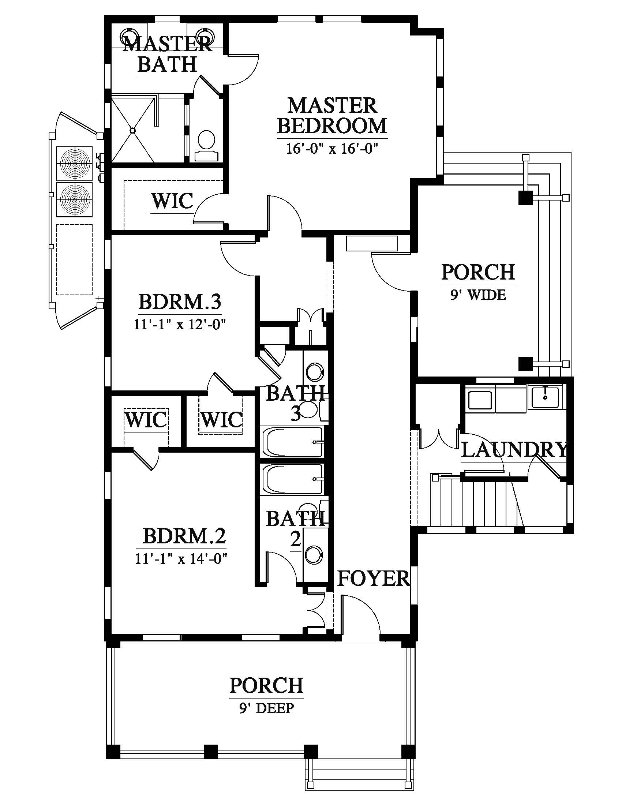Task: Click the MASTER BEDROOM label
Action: (332, 116)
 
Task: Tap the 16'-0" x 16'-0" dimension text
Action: (332, 149)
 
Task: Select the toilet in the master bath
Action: (207, 146)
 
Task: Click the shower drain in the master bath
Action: (133, 130)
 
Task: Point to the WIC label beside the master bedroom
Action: (172, 201)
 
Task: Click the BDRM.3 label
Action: (180, 302)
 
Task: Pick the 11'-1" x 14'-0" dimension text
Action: (180, 559)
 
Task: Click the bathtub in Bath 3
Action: (292, 442)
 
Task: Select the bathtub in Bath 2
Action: (292, 479)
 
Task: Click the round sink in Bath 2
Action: (313, 554)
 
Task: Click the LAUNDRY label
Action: (514, 450)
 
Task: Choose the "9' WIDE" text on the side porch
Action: (478, 295)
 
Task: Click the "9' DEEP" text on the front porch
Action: (266, 708)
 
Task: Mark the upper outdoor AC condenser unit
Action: (74, 163)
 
